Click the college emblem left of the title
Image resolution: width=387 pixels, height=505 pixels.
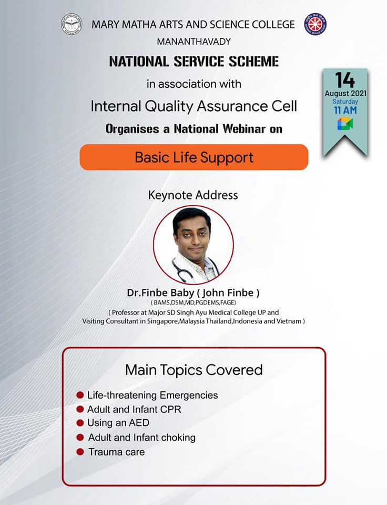72,24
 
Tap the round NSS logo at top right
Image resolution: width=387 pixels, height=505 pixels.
315,24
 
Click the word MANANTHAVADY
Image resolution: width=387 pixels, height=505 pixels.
194,42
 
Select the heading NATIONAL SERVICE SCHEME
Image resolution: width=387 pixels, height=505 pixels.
194,62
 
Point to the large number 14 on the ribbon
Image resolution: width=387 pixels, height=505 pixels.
345,80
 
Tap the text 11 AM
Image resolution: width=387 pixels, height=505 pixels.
345,110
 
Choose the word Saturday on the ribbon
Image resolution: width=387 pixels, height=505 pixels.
345,102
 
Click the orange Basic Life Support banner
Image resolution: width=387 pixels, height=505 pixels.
194,157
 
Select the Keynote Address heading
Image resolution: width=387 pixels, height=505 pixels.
193,195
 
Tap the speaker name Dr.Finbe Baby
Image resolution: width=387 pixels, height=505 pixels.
160,293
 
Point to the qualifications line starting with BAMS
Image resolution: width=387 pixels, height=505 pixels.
193,303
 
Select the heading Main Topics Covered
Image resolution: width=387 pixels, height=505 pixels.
194,370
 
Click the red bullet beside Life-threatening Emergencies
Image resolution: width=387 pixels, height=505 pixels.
80,395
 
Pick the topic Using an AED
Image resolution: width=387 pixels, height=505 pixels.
118,423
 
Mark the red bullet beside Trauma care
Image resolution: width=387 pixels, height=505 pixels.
80,452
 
